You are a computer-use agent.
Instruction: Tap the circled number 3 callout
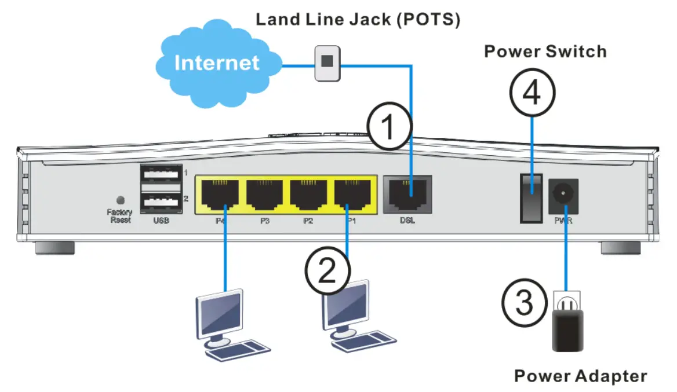(524, 302)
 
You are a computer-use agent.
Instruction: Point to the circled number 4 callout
(532, 93)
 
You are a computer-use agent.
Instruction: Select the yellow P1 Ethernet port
(352, 195)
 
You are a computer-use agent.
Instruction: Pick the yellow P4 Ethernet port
(220, 195)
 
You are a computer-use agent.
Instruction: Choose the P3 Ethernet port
(264, 195)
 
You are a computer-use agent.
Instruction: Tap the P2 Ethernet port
(308, 195)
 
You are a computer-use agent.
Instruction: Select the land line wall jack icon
(328, 63)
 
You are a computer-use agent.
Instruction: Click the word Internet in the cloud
(217, 63)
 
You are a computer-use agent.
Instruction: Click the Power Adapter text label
(580, 376)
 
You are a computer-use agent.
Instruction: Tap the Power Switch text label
(545, 51)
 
